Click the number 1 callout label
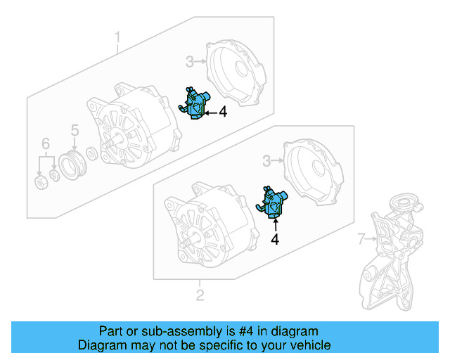(x=117, y=36)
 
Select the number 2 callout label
(x=200, y=295)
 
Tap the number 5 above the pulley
(x=74, y=129)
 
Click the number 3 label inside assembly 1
(x=189, y=62)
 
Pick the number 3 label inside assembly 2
(x=266, y=162)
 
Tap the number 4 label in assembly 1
(x=222, y=112)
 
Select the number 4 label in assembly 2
(x=275, y=240)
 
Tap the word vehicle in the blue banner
(x=310, y=345)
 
